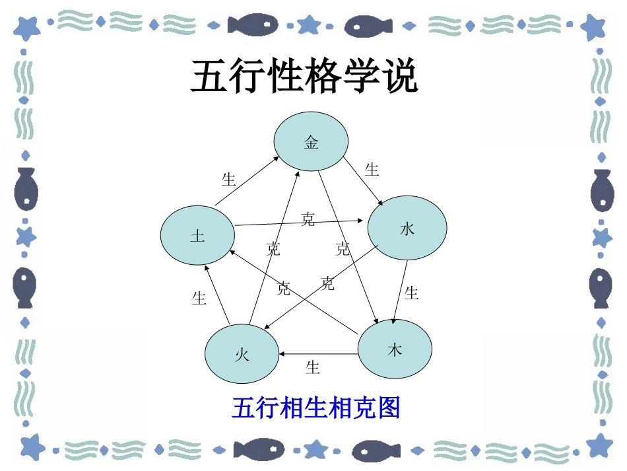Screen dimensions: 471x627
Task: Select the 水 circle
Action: click(407, 229)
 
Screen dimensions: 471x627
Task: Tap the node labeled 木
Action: click(394, 349)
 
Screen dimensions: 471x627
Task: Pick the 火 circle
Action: click(242, 354)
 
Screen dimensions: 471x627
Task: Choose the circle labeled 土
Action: click(197, 236)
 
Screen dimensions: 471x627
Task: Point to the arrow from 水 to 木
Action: click(400, 291)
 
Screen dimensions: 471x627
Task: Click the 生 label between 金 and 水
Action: click(372, 170)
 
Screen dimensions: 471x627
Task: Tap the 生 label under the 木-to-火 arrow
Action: click(313, 367)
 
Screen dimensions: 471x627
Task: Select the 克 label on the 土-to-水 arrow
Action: click(308, 219)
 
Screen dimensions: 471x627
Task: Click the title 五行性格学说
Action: click(304, 77)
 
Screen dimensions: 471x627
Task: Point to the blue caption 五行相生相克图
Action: click(316, 407)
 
